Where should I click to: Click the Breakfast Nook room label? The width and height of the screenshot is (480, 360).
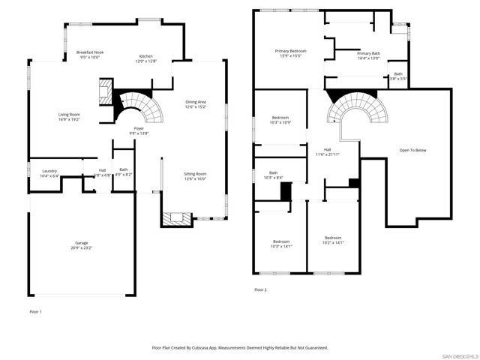pyautogui.click(x=90, y=52)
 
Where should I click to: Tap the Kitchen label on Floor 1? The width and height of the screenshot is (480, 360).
pyautogui.click(x=146, y=56)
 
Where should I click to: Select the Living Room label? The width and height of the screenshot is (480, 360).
pyautogui.click(x=69, y=115)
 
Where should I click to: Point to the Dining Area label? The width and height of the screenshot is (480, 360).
pyautogui.click(x=196, y=102)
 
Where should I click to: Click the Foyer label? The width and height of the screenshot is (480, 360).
pyautogui.click(x=139, y=128)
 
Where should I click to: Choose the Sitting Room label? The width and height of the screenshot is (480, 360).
pyautogui.click(x=195, y=174)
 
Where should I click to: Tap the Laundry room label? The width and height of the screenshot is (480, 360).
pyautogui.click(x=49, y=171)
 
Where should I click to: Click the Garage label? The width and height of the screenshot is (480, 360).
pyautogui.click(x=81, y=242)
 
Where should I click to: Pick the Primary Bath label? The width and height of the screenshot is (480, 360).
pyautogui.click(x=369, y=54)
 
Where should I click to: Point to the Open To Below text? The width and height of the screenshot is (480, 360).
pyautogui.click(x=412, y=150)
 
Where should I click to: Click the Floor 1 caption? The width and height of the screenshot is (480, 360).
pyautogui.click(x=36, y=310)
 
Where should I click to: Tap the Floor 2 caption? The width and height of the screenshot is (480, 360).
pyautogui.click(x=260, y=289)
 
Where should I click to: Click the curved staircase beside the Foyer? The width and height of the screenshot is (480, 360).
pyautogui.click(x=142, y=106)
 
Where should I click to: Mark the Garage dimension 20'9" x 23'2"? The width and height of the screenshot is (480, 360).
pyautogui.click(x=81, y=247)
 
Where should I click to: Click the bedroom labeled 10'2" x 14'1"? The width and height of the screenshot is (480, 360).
pyautogui.click(x=332, y=241)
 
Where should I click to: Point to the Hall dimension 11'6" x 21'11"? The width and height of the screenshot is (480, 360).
pyautogui.click(x=328, y=154)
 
